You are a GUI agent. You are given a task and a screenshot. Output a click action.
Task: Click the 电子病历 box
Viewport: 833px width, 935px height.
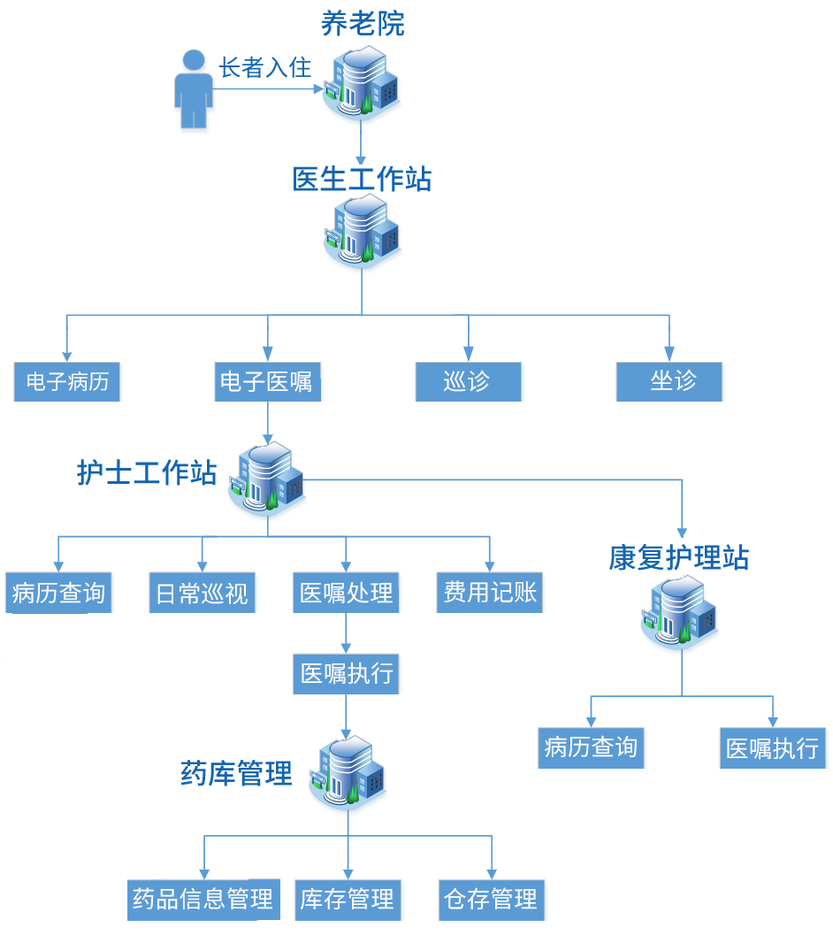68,382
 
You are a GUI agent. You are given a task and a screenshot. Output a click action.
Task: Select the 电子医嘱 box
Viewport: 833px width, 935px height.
266,382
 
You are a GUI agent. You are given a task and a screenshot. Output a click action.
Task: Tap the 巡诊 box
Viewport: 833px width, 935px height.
469,382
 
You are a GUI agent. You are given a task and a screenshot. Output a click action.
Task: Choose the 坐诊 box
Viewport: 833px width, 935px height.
670,382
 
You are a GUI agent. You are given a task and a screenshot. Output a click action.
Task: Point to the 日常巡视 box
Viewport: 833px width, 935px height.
203,593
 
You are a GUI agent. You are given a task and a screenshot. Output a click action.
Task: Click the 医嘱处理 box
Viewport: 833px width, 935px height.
346,593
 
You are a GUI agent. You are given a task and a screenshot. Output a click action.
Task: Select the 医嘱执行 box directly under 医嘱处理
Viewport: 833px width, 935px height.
347,675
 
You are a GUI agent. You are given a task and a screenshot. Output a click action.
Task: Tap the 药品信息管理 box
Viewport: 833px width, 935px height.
203,900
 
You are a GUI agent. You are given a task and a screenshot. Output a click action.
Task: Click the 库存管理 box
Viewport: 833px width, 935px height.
347,900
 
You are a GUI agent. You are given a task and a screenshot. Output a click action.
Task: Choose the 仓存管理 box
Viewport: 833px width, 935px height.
492,900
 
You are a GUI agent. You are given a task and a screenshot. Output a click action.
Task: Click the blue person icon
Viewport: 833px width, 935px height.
193,92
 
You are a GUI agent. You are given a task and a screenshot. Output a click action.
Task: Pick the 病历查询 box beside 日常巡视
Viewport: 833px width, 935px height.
58,593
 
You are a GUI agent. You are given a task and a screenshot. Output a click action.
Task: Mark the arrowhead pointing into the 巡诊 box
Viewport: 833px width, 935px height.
469,354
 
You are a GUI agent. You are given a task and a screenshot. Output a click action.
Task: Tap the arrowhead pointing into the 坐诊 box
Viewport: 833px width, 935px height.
669,354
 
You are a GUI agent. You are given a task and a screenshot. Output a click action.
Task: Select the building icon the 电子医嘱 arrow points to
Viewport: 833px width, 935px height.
267,482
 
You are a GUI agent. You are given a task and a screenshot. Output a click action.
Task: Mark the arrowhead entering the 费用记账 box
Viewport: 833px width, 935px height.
490,566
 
